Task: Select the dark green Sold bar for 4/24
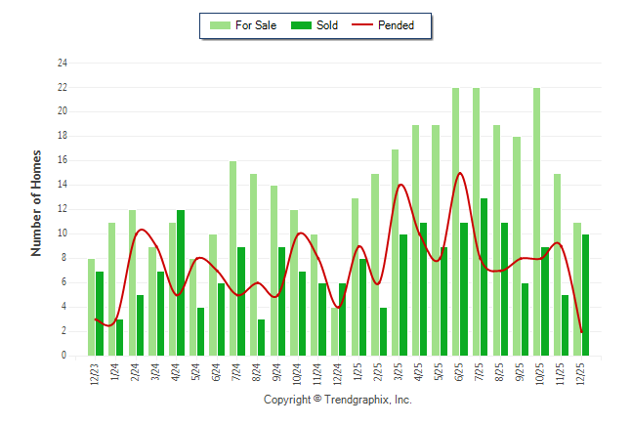coord(181,282)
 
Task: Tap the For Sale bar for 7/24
coord(232,258)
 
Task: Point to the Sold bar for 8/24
coord(262,337)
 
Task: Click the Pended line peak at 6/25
coord(459,173)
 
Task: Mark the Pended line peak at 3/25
coord(400,185)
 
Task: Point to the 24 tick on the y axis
coord(63,64)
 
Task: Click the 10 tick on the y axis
coord(63,233)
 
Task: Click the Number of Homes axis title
coord(36,203)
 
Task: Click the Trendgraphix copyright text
coord(338,400)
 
